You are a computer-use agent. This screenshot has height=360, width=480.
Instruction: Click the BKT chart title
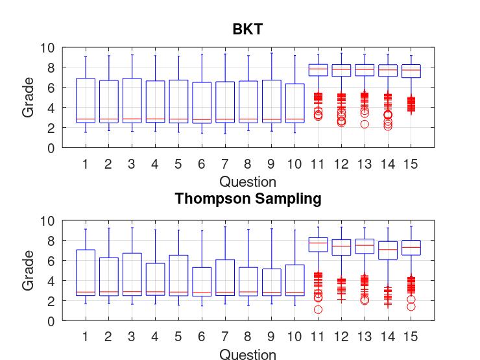click(x=248, y=29)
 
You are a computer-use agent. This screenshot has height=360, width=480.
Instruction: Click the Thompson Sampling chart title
click(x=248, y=198)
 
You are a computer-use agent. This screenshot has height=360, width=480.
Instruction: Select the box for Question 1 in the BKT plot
click(x=86, y=101)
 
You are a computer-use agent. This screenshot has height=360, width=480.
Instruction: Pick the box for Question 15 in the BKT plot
click(x=411, y=71)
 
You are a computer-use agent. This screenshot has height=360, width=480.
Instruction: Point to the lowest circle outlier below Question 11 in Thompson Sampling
click(x=318, y=309)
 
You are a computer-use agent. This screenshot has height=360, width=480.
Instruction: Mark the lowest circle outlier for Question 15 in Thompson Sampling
click(x=411, y=307)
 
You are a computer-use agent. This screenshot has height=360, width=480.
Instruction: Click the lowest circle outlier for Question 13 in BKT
click(x=365, y=124)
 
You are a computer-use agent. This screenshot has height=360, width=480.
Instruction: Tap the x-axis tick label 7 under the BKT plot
click(x=224, y=164)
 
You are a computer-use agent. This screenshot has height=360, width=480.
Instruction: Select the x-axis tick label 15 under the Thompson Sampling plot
click(x=411, y=337)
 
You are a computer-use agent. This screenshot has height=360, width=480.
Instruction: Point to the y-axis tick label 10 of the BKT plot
click(x=47, y=47)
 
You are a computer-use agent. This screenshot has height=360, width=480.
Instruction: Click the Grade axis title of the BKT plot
click(x=29, y=97)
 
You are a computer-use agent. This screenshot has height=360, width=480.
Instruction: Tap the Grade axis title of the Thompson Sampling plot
click(x=29, y=270)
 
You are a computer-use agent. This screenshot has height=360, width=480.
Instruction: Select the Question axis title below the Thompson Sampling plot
click(x=248, y=354)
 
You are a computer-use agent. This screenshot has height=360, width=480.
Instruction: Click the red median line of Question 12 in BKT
click(x=341, y=69)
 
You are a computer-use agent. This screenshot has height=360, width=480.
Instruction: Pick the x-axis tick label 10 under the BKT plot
click(x=294, y=164)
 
